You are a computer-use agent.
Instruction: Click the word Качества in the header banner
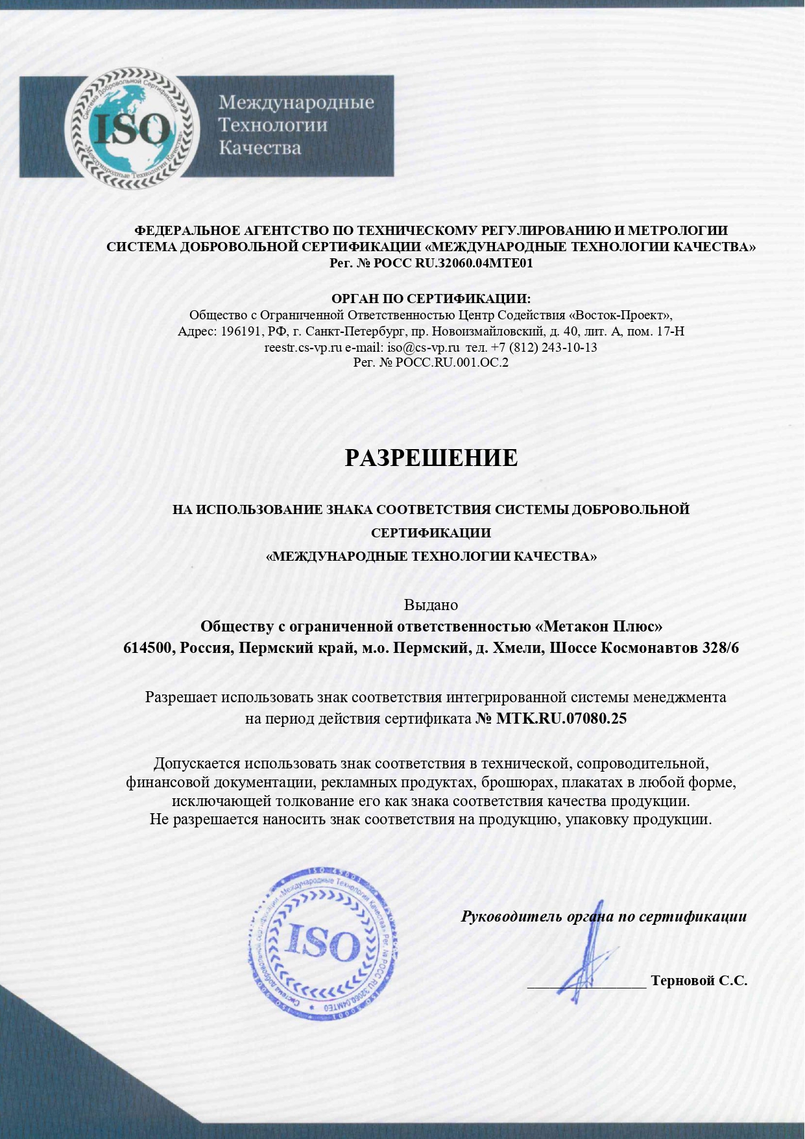tap(259, 148)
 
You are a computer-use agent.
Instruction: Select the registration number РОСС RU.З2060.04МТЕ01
tap(453, 263)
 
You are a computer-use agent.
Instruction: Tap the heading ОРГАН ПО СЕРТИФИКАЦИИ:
tap(431, 299)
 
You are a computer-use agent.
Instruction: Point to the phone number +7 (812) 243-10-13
tap(544, 347)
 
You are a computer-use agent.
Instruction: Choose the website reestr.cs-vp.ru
tap(303, 347)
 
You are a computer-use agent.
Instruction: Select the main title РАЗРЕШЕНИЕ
tap(431, 458)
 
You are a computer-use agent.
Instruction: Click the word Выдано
tap(431, 605)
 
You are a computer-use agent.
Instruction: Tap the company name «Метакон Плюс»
tap(599, 626)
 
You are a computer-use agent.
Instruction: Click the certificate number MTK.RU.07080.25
tap(560, 718)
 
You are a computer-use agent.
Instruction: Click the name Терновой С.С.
tap(699, 980)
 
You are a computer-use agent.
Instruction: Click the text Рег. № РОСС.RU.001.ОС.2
tap(431, 362)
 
